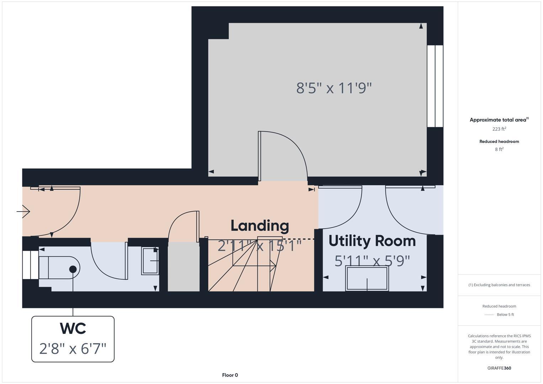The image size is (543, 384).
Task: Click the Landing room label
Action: tap(260, 226)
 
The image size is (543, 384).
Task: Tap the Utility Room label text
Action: tap(372, 241)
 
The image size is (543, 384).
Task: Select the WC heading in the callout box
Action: tap(73, 329)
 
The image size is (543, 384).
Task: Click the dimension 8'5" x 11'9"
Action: tap(334, 88)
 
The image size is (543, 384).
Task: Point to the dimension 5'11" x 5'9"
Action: tap(372, 261)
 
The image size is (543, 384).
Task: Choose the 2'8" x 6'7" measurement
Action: tap(73, 348)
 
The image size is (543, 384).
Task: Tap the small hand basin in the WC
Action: tap(150, 261)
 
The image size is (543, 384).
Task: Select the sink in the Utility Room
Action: tap(367, 278)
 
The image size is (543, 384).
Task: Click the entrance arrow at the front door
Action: tap(23, 212)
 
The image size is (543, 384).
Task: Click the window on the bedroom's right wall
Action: tap(435, 86)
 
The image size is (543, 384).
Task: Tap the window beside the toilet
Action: tap(31, 265)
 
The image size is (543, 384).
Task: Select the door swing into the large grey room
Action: tap(283, 156)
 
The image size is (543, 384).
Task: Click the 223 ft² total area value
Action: tap(499, 129)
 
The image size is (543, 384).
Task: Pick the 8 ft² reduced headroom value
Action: tap(499, 149)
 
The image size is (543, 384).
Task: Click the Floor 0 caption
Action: tap(230, 375)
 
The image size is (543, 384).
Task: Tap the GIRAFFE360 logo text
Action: tap(499, 368)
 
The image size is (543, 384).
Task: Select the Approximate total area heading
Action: tap(499, 120)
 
